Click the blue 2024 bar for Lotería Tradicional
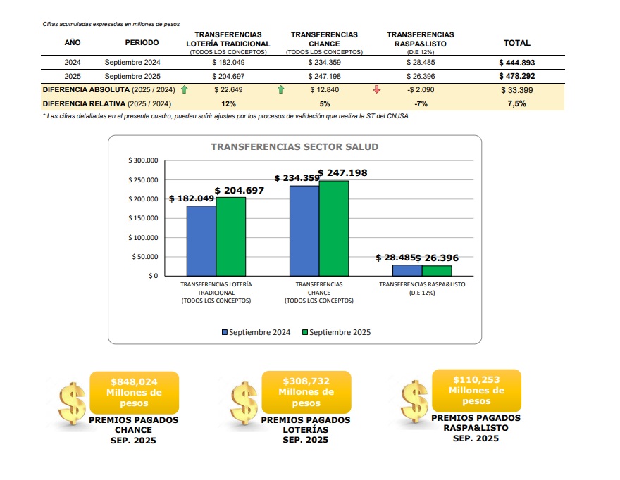pos(201,240)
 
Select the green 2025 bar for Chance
pos(333,228)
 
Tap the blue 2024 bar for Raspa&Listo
pos(407,270)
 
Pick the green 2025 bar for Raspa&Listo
pos(437,270)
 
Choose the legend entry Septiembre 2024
pos(256,332)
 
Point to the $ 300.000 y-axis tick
pos(143,161)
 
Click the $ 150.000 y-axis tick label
pos(143,218)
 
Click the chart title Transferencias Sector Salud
pos(294,147)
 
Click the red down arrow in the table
pos(376,89)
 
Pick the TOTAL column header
pos(516,43)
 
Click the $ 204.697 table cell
pos(228,76)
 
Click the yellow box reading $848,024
pos(134,393)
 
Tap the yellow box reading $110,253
pos(476,390)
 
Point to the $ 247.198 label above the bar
pos(343,172)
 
